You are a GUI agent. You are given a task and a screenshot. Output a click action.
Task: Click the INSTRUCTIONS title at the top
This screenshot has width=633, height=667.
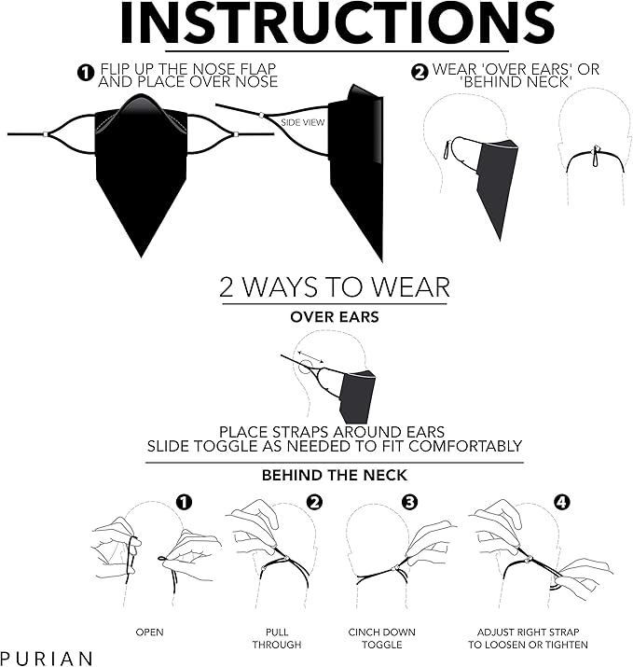click(337, 22)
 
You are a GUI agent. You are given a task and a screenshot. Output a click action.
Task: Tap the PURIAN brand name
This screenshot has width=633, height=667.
click(47, 658)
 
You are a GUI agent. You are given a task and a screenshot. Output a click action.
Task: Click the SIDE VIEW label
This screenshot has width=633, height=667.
click(303, 122)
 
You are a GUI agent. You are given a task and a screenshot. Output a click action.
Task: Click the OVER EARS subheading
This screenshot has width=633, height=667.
click(335, 317)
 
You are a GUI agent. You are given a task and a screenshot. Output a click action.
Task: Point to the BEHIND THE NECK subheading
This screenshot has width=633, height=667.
click(335, 475)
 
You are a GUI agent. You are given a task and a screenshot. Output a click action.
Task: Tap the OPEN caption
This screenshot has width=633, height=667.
click(150, 632)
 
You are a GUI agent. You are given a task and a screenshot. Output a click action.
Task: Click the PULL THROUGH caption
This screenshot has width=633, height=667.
click(277, 638)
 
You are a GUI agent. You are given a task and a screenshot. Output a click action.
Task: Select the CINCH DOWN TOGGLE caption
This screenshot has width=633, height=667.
click(381, 638)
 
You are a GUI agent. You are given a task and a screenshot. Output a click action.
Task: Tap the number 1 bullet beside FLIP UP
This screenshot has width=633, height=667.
click(86, 73)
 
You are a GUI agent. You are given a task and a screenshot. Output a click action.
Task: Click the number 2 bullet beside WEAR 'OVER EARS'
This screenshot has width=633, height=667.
click(420, 73)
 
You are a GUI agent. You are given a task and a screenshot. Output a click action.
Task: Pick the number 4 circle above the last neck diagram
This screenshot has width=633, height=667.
click(561, 503)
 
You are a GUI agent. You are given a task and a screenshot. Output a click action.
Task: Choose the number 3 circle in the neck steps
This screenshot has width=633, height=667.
click(409, 503)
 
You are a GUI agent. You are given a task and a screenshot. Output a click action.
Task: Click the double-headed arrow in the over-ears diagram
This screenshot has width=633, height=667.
click(310, 357)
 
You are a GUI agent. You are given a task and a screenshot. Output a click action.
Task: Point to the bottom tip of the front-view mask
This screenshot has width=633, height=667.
click(141, 257)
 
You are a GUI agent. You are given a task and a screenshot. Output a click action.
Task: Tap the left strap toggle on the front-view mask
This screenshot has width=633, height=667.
click(46, 134)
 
